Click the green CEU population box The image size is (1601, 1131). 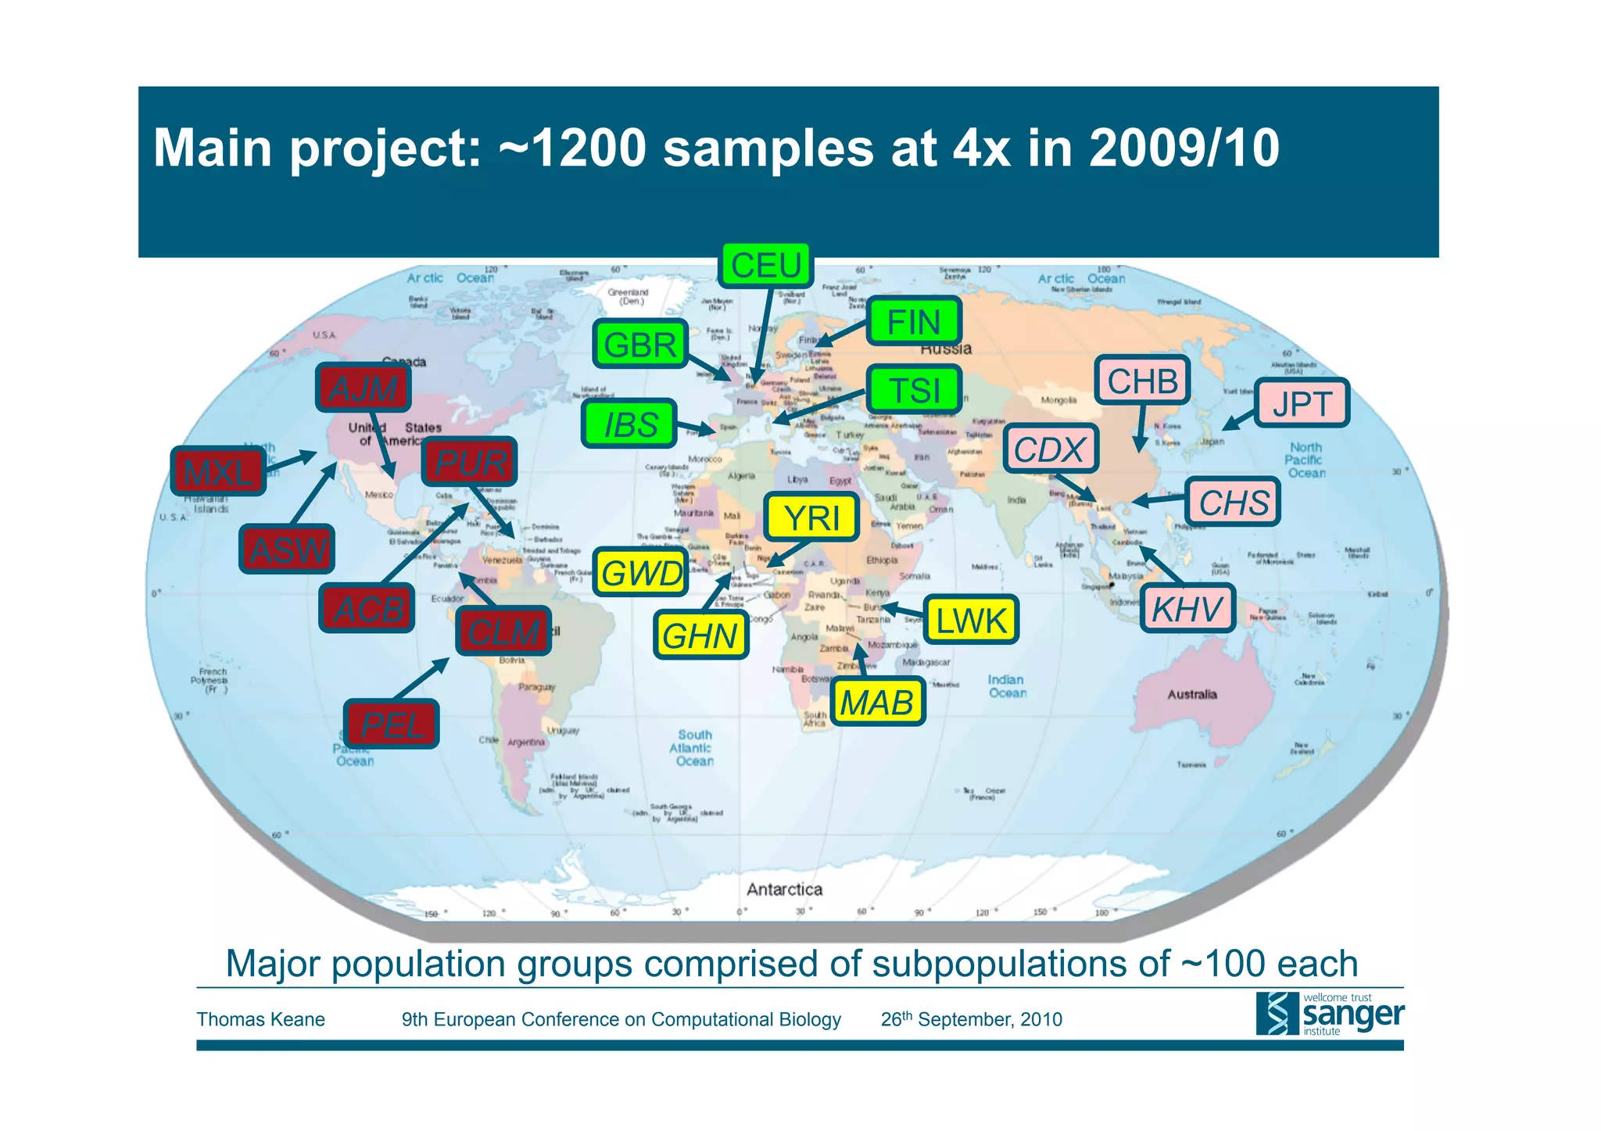(x=765, y=266)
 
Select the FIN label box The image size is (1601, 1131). (x=913, y=322)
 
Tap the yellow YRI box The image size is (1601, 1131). (x=811, y=517)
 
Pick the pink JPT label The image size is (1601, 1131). (x=1302, y=403)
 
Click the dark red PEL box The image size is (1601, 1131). (x=391, y=725)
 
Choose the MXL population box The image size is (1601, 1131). (x=218, y=471)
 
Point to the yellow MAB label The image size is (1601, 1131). (x=876, y=702)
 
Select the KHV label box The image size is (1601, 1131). (x=1187, y=608)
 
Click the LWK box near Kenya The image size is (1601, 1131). (x=970, y=621)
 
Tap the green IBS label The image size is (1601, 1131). (x=629, y=424)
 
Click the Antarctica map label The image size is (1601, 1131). (x=784, y=889)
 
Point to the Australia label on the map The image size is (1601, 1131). (x=1191, y=694)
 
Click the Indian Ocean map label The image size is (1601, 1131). (x=1006, y=686)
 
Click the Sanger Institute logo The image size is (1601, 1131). (x=1329, y=1014)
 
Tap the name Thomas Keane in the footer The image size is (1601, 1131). (x=260, y=1019)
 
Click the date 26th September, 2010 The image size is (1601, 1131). (x=971, y=1019)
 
